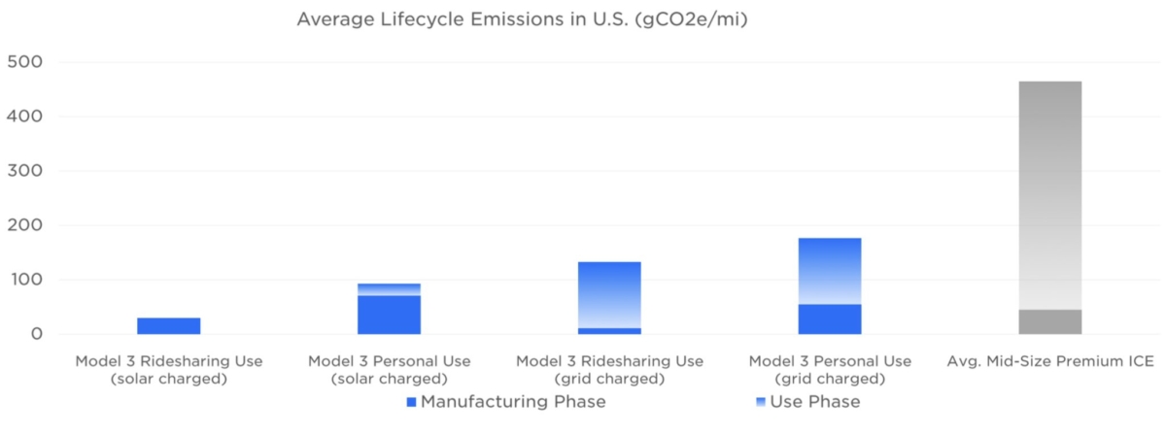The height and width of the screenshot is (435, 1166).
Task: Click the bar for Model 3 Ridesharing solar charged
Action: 168,326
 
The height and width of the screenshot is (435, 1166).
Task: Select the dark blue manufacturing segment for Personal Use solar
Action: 389,315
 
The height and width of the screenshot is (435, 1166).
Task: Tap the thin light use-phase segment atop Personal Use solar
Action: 389,289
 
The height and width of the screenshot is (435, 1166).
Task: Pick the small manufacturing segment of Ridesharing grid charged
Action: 609,331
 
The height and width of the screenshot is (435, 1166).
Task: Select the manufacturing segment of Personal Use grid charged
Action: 829,319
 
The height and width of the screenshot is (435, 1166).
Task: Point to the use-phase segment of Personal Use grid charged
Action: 829,271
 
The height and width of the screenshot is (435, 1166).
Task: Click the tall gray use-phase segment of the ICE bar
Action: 1049,194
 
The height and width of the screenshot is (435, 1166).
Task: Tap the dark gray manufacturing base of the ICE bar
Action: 1049,322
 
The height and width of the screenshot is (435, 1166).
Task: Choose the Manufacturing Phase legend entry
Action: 505,402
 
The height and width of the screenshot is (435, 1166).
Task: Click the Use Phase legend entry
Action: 807,402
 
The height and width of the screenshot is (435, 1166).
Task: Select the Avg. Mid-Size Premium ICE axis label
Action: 1049,361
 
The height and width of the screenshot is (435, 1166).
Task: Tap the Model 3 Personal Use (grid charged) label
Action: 829,370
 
